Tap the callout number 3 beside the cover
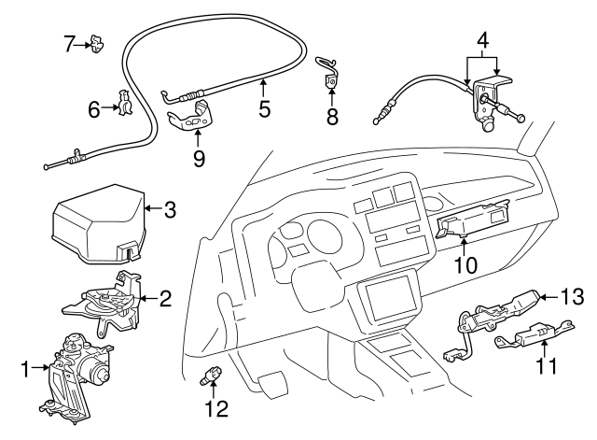point(170,210)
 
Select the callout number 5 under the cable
point(265,109)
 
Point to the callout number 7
point(68,42)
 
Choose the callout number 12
point(216,408)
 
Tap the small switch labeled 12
point(211,377)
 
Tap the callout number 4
point(483,42)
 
